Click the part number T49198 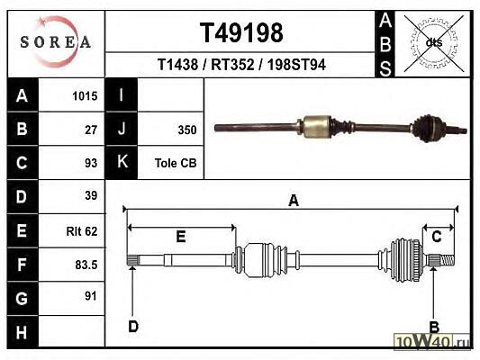[x=241, y=32]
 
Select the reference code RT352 [x=232, y=65]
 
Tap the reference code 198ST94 [x=296, y=65]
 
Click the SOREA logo [x=56, y=42]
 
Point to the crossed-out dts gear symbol [x=434, y=42]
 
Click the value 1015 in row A [x=85, y=96]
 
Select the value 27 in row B [x=91, y=130]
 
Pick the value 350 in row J [x=187, y=130]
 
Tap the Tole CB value [x=176, y=163]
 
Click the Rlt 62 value [x=82, y=231]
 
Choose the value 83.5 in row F [x=86, y=265]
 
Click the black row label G [x=23, y=298]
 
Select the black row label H [x=23, y=331]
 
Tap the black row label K [x=122, y=162]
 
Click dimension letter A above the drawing [x=294, y=201]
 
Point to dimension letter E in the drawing [x=181, y=237]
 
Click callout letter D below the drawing [x=133, y=327]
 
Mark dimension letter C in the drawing [x=437, y=237]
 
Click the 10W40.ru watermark [x=432, y=341]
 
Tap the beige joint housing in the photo [x=316, y=126]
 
